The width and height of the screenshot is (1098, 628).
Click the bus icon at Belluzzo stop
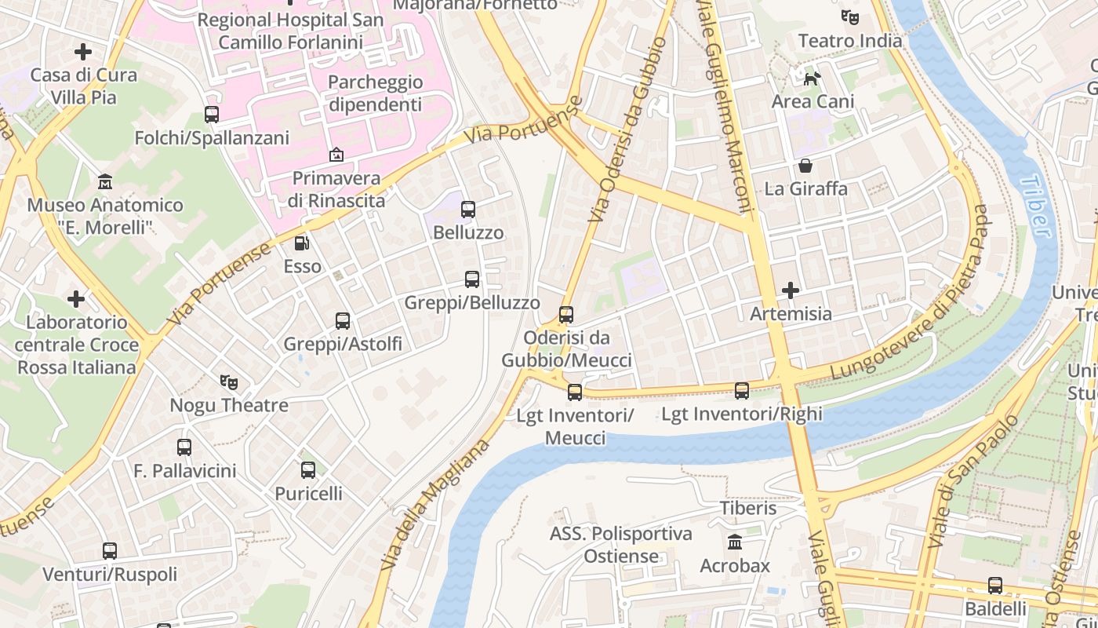pyautogui.click(x=468, y=210)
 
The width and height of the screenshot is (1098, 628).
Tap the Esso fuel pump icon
pyautogui.click(x=302, y=243)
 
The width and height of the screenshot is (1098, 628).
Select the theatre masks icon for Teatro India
pyautogui.click(x=850, y=16)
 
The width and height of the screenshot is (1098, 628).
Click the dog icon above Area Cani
pyautogui.click(x=813, y=78)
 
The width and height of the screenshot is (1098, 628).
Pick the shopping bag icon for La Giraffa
pyautogui.click(x=805, y=166)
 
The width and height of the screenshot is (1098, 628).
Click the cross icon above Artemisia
pyautogui.click(x=791, y=290)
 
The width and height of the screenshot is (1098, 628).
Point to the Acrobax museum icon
pyautogui.click(x=735, y=542)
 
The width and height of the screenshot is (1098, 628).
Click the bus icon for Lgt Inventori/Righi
pyautogui.click(x=741, y=390)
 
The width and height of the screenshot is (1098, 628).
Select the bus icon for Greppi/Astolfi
pyautogui.click(x=343, y=320)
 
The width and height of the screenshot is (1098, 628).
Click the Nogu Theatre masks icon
pyautogui.click(x=229, y=382)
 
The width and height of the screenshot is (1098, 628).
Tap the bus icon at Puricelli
pyautogui.click(x=308, y=470)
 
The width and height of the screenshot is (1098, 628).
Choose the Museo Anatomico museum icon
pyautogui.click(x=105, y=182)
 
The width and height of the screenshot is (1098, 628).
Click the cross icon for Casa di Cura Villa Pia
pyautogui.click(x=83, y=52)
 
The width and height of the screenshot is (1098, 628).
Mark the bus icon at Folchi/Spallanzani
pyautogui.click(x=212, y=115)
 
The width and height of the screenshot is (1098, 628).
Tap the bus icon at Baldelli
pyautogui.click(x=995, y=586)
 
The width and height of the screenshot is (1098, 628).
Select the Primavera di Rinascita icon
pyautogui.click(x=336, y=155)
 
